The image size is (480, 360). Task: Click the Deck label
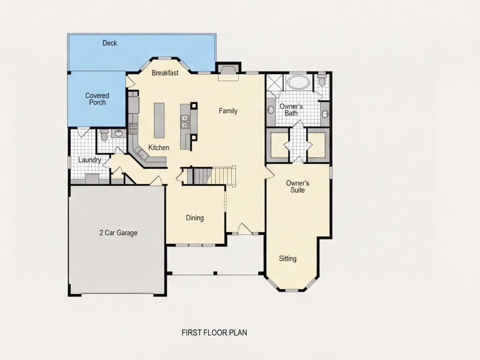[110, 43]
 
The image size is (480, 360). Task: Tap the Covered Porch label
[97, 99]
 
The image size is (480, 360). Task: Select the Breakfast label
[165, 73]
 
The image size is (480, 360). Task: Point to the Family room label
[228, 111]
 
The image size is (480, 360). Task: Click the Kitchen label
[158, 147]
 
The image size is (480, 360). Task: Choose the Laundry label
[89, 160]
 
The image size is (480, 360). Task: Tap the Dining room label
[195, 218]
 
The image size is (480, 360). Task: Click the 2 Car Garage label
[118, 233]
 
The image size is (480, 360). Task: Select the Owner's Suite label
[298, 186]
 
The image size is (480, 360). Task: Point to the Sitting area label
[288, 259]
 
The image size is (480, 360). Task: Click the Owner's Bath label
[291, 110]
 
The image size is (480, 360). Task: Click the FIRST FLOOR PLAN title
[214, 333]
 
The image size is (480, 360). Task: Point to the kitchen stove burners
[133, 129]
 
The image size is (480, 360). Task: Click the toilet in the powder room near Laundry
[104, 135]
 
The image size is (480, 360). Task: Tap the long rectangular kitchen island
[159, 120]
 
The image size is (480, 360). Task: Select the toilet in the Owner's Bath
[322, 80]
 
